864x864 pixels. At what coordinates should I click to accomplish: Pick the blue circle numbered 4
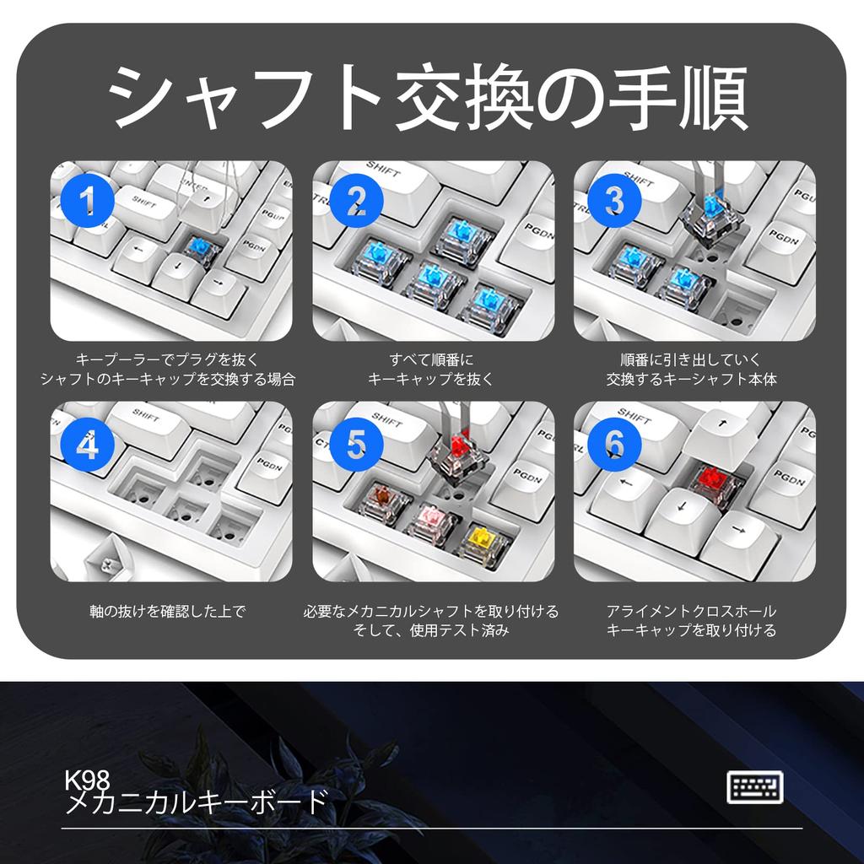coord(87,444)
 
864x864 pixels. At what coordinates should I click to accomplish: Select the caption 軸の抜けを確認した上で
coord(168,611)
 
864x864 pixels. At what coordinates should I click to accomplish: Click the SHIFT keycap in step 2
coord(388,177)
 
